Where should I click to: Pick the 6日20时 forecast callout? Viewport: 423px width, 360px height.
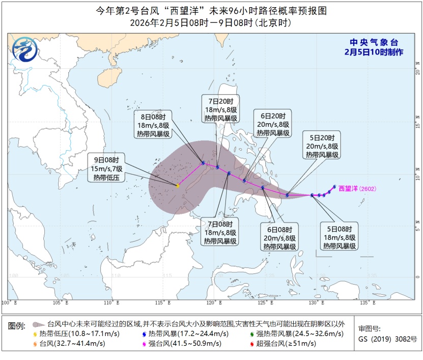point(273,124)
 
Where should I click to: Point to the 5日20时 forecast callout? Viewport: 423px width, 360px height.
point(322,147)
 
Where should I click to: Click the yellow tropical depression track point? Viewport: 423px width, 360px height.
point(177,186)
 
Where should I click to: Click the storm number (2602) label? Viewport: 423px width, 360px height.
point(370,188)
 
